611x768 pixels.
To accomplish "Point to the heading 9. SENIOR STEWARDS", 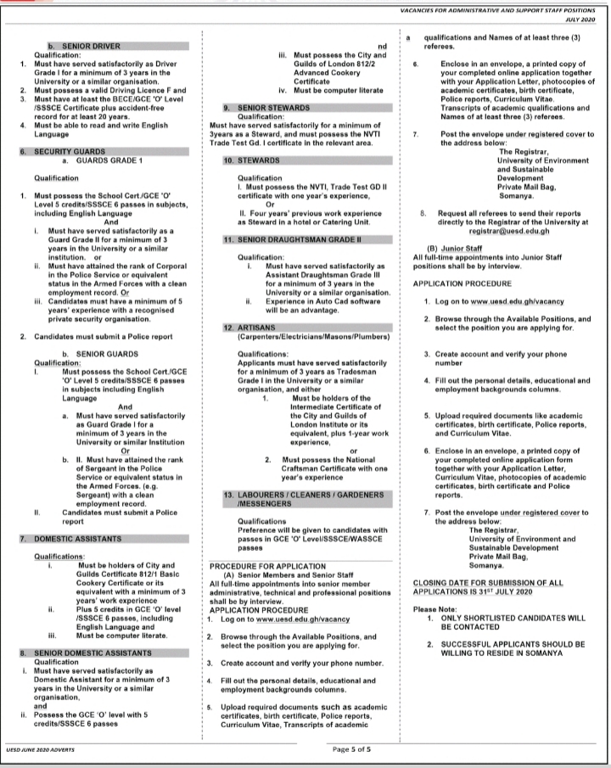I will (255, 109).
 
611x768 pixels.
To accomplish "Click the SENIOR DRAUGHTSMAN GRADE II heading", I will (280, 239).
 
